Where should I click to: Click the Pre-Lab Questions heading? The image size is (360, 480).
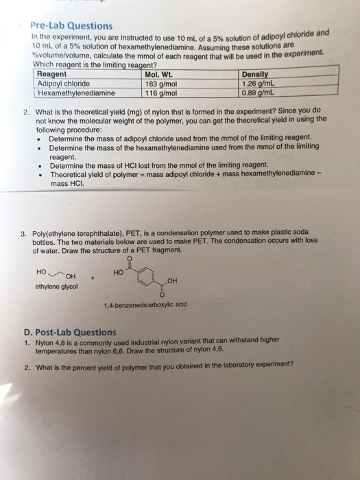tap(75, 25)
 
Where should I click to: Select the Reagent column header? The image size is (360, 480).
tap(52, 73)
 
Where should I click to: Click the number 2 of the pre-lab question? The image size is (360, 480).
tap(25, 110)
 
